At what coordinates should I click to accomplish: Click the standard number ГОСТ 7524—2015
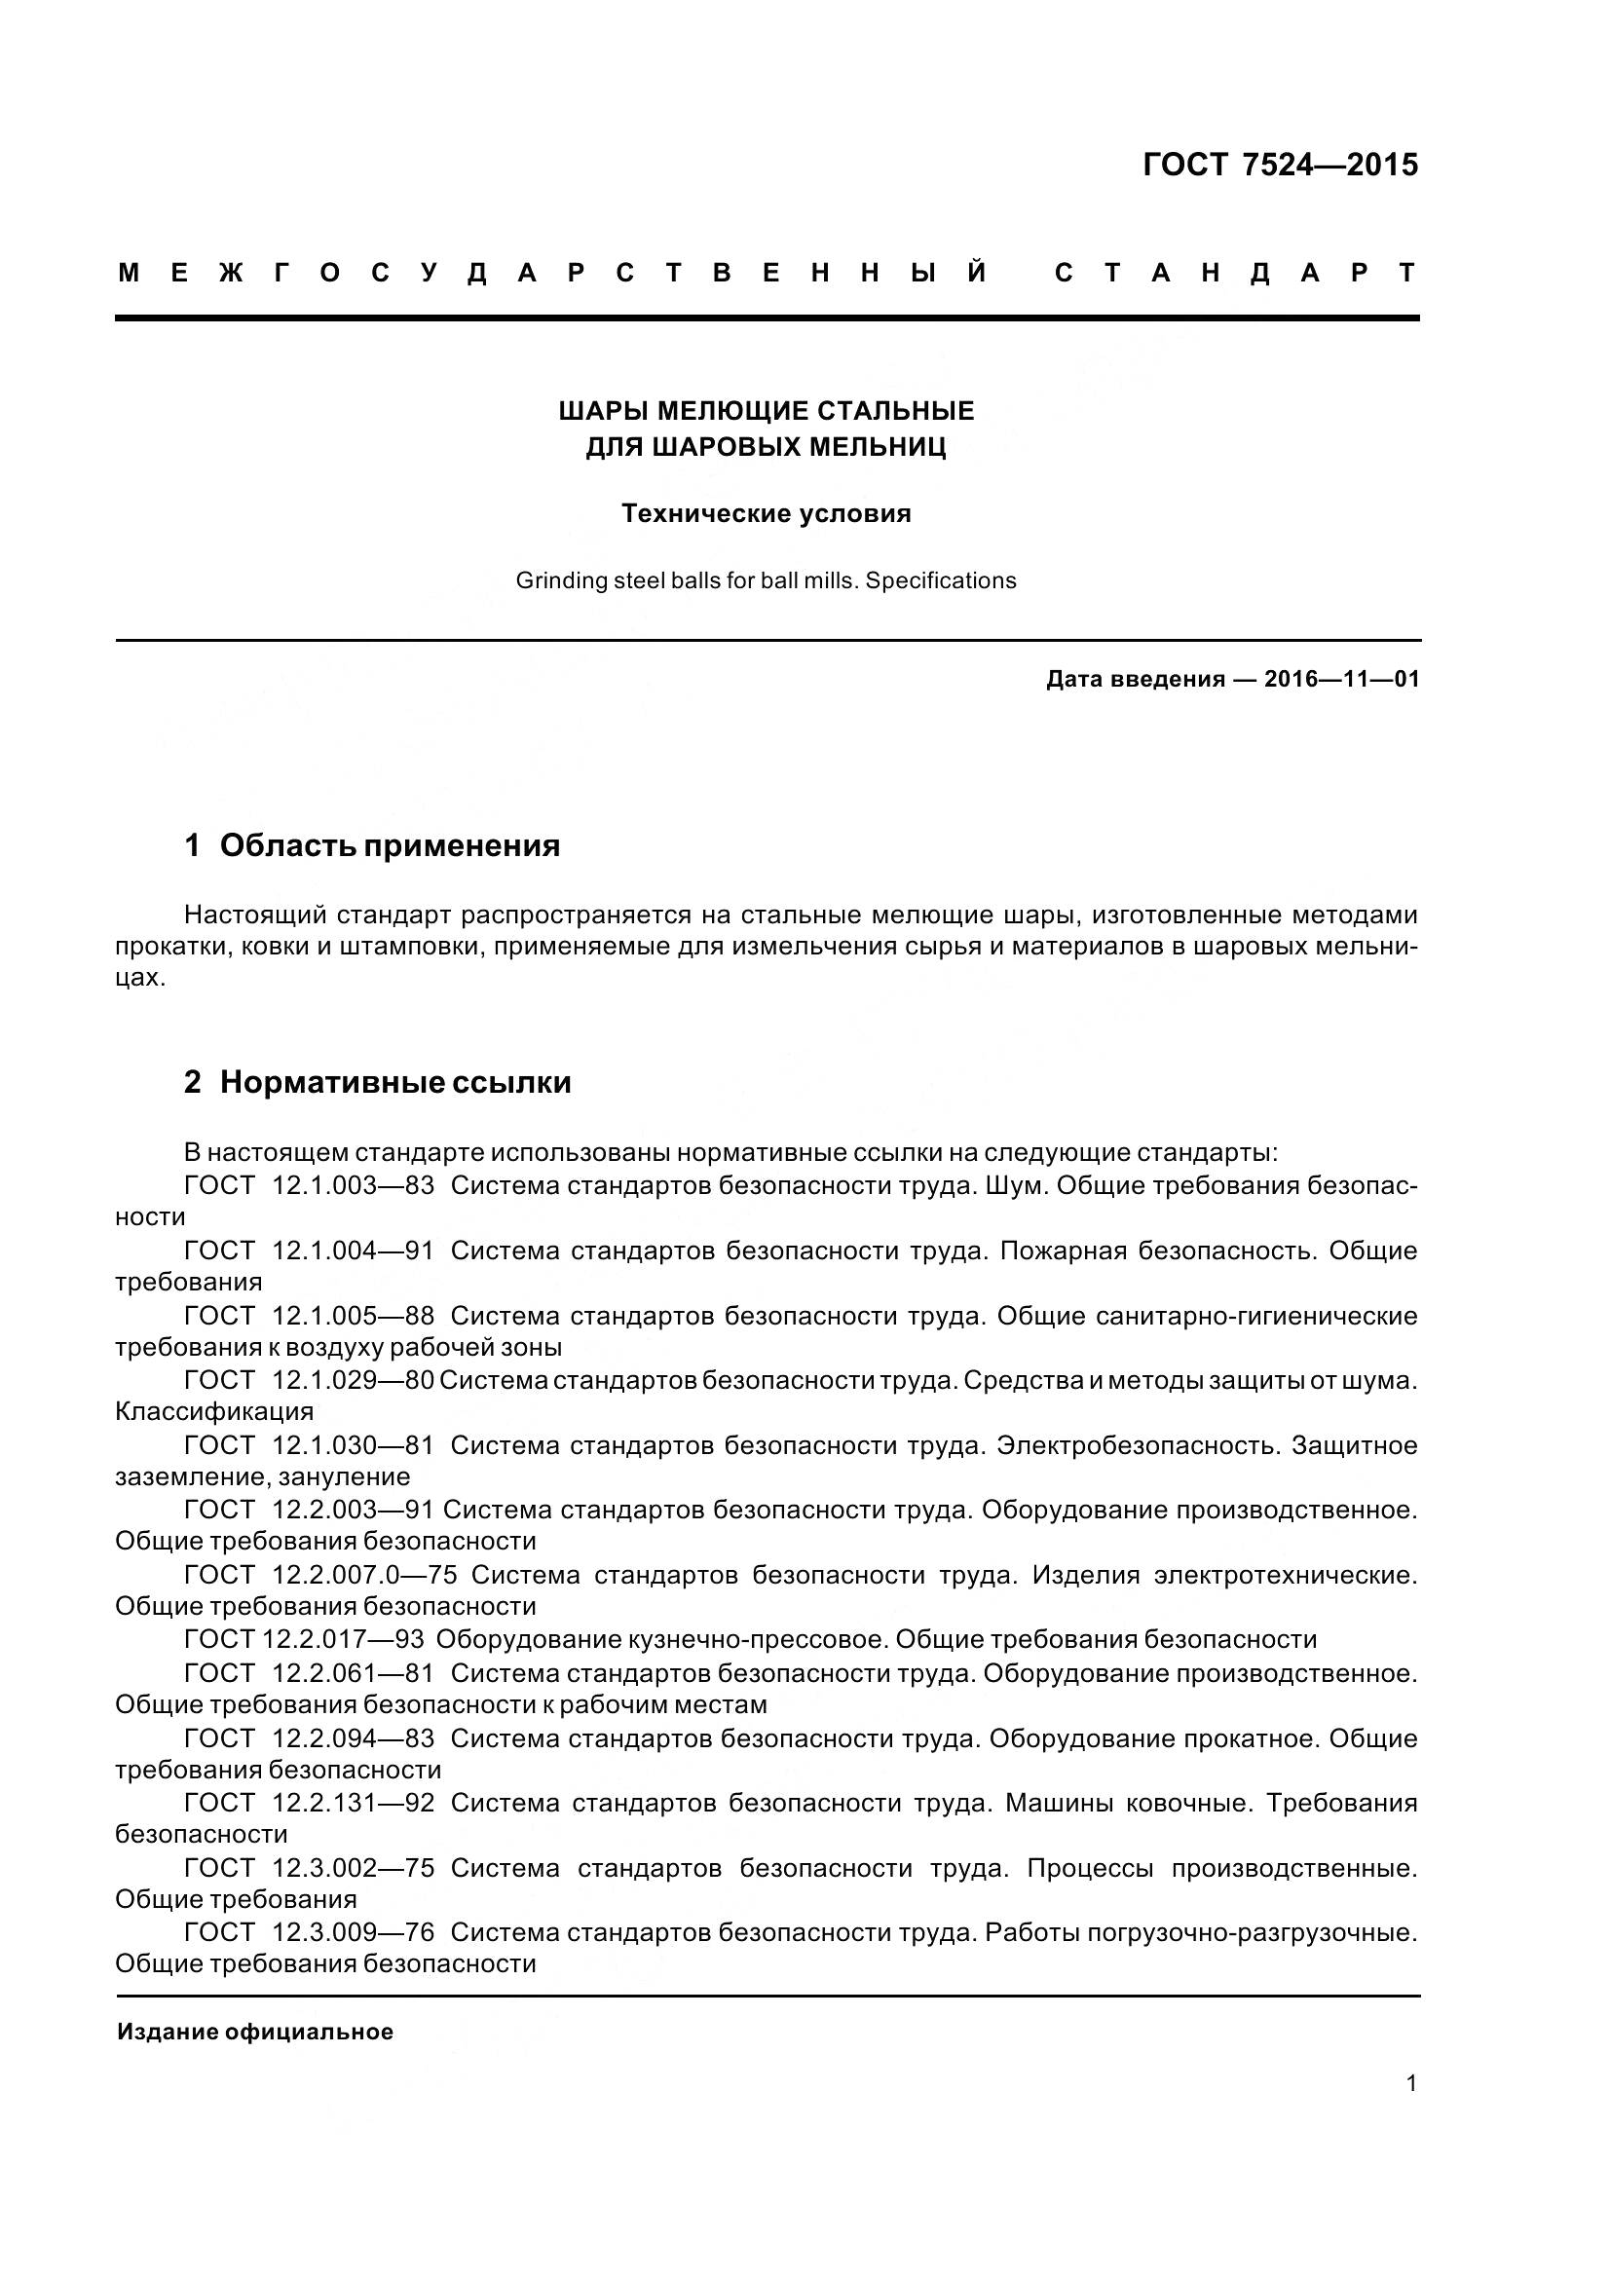tap(1280, 165)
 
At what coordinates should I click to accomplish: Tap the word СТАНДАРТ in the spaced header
tap(1235, 273)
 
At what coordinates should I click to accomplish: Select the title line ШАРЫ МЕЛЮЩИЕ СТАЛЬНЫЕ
tap(766, 411)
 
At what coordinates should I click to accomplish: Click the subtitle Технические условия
tap(766, 514)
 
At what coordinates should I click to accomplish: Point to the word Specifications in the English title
tap(941, 581)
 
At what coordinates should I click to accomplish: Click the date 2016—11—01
tap(1341, 680)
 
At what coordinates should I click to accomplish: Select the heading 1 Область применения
tap(372, 845)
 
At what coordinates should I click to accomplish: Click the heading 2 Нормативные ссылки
tap(377, 1082)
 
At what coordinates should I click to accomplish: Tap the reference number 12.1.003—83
tap(354, 1185)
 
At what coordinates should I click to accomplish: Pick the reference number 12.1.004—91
tap(354, 1251)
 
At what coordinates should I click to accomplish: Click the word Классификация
tap(214, 1411)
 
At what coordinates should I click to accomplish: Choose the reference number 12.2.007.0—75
tap(364, 1575)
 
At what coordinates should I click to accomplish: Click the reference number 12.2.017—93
tap(343, 1639)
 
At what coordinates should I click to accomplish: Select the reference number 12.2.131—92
tap(354, 1802)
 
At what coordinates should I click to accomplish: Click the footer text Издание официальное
tap(255, 2032)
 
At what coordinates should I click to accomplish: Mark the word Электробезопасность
tap(1138, 1445)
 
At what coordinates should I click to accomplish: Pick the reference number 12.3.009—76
tap(354, 1931)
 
